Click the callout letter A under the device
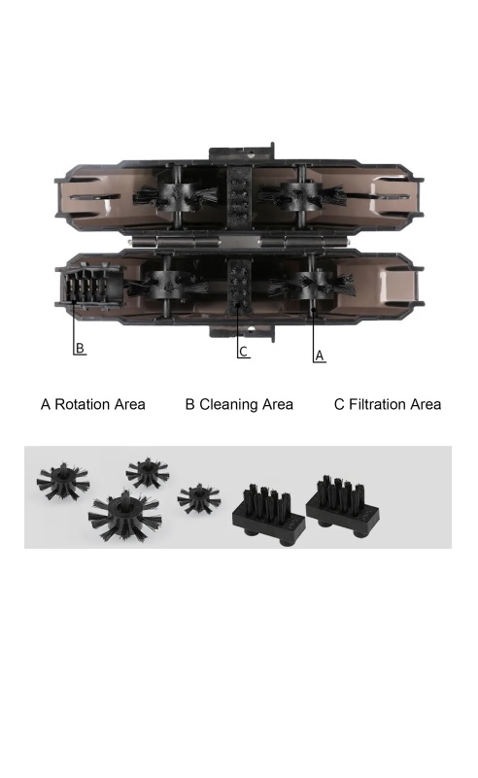(320, 355)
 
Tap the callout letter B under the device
(80, 348)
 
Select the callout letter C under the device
(243, 352)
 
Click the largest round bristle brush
(125, 515)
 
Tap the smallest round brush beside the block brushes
(198, 498)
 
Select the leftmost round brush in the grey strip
(62, 482)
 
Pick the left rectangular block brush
(268, 516)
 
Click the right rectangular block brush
(343, 505)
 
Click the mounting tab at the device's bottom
(242, 333)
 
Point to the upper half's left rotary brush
(175, 196)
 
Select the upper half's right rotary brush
(301, 195)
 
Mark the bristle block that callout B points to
(89, 287)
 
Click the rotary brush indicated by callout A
(312, 286)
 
